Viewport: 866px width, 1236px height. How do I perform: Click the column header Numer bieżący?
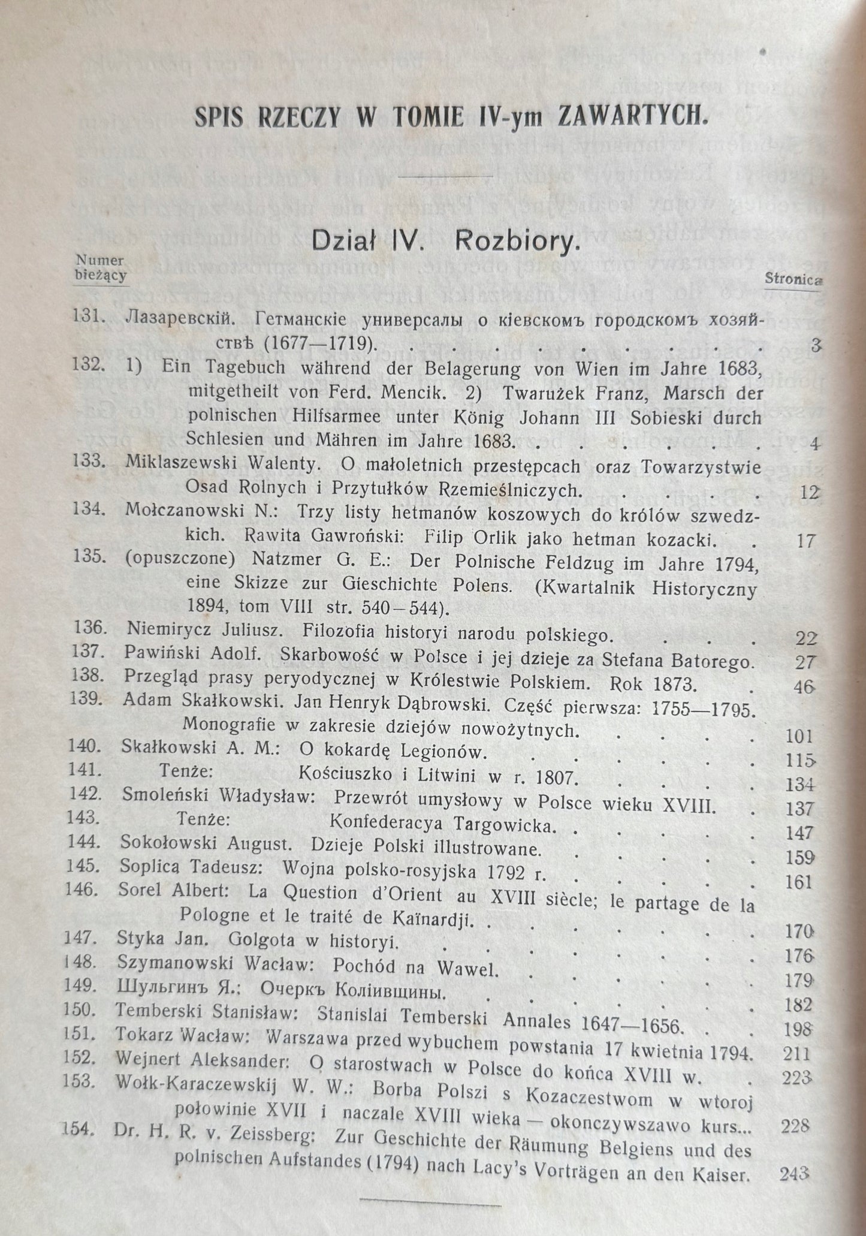(101, 267)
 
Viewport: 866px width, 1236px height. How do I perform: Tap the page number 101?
(799, 736)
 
